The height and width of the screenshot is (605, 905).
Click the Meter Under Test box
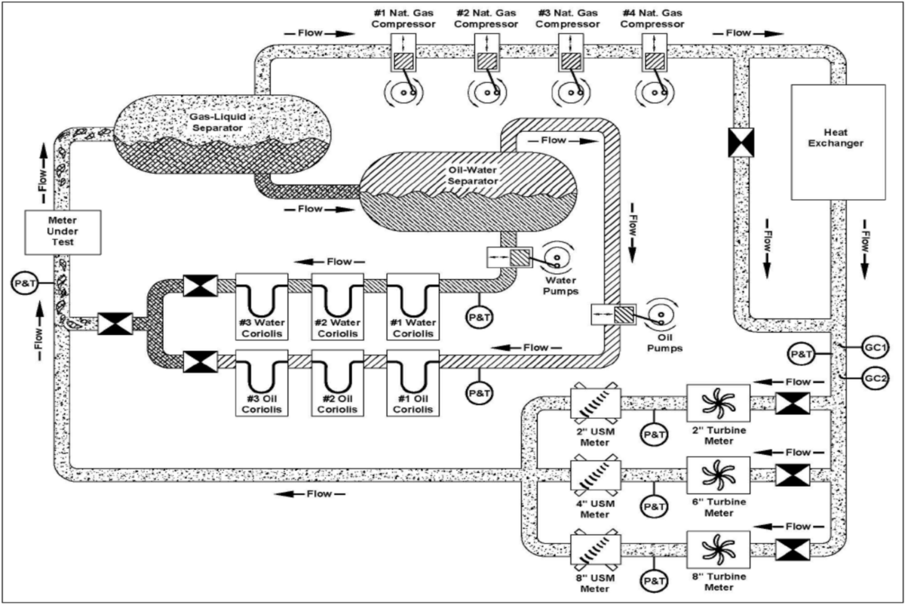tap(63, 232)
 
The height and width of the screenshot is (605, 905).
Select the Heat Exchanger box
tap(839, 143)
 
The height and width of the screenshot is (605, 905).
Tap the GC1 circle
tap(875, 348)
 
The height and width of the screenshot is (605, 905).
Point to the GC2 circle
tap(875, 379)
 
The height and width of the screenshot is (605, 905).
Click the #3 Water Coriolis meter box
tap(262, 307)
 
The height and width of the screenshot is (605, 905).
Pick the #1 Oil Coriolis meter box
tap(413, 382)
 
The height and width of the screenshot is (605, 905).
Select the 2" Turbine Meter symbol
tap(718, 404)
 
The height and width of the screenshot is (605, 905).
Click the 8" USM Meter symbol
tap(596, 549)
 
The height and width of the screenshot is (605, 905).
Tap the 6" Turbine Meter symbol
tap(718, 475)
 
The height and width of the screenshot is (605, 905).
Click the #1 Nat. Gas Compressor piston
tap(403, 61)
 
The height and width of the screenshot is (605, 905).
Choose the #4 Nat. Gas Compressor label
tap(652, 19)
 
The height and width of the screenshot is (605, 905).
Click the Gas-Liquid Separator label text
tap(218, 122)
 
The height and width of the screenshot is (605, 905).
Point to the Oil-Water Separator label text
tap(473, 176)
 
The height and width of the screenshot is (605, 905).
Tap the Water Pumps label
tap(560, 286)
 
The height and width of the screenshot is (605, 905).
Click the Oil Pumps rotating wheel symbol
tap(661, 318)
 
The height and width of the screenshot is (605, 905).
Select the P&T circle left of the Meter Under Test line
tap(25, 283)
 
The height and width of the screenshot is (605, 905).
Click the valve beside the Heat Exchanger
tap(741, 143)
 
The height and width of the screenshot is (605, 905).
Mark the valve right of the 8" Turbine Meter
tap(793, 550)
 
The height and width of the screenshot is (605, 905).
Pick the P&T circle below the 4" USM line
tap(654, 506)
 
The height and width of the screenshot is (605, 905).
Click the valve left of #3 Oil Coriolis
tap(201, 361)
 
